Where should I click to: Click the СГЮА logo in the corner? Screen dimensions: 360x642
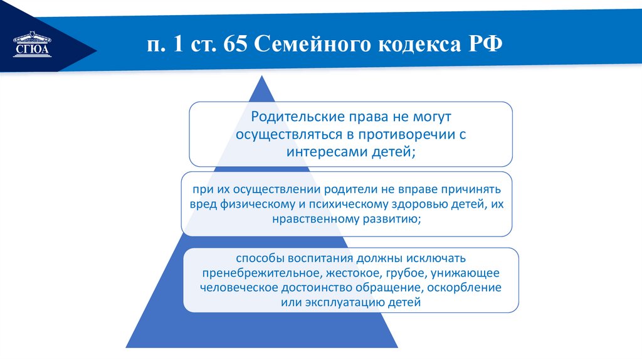31,45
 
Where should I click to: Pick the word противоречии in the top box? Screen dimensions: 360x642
411,134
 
